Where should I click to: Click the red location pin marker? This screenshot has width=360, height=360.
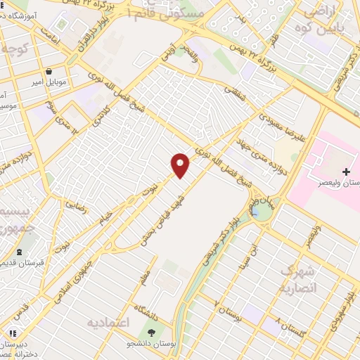pyautogui.click(x=181, y=165)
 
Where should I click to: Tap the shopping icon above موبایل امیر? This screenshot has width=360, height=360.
pyautogui.click(x=49, y=71)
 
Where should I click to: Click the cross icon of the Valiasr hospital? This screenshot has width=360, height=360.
pyautogui.click(x=345, y=172)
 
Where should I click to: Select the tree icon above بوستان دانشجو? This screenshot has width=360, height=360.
pyautogui.click(x=151, y=333)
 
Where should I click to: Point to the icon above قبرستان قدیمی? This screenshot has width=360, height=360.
pyautogui.click(x=18, y=252)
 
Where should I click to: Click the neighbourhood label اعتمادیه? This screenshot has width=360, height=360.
pyautogui.click(x=108, y=322)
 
